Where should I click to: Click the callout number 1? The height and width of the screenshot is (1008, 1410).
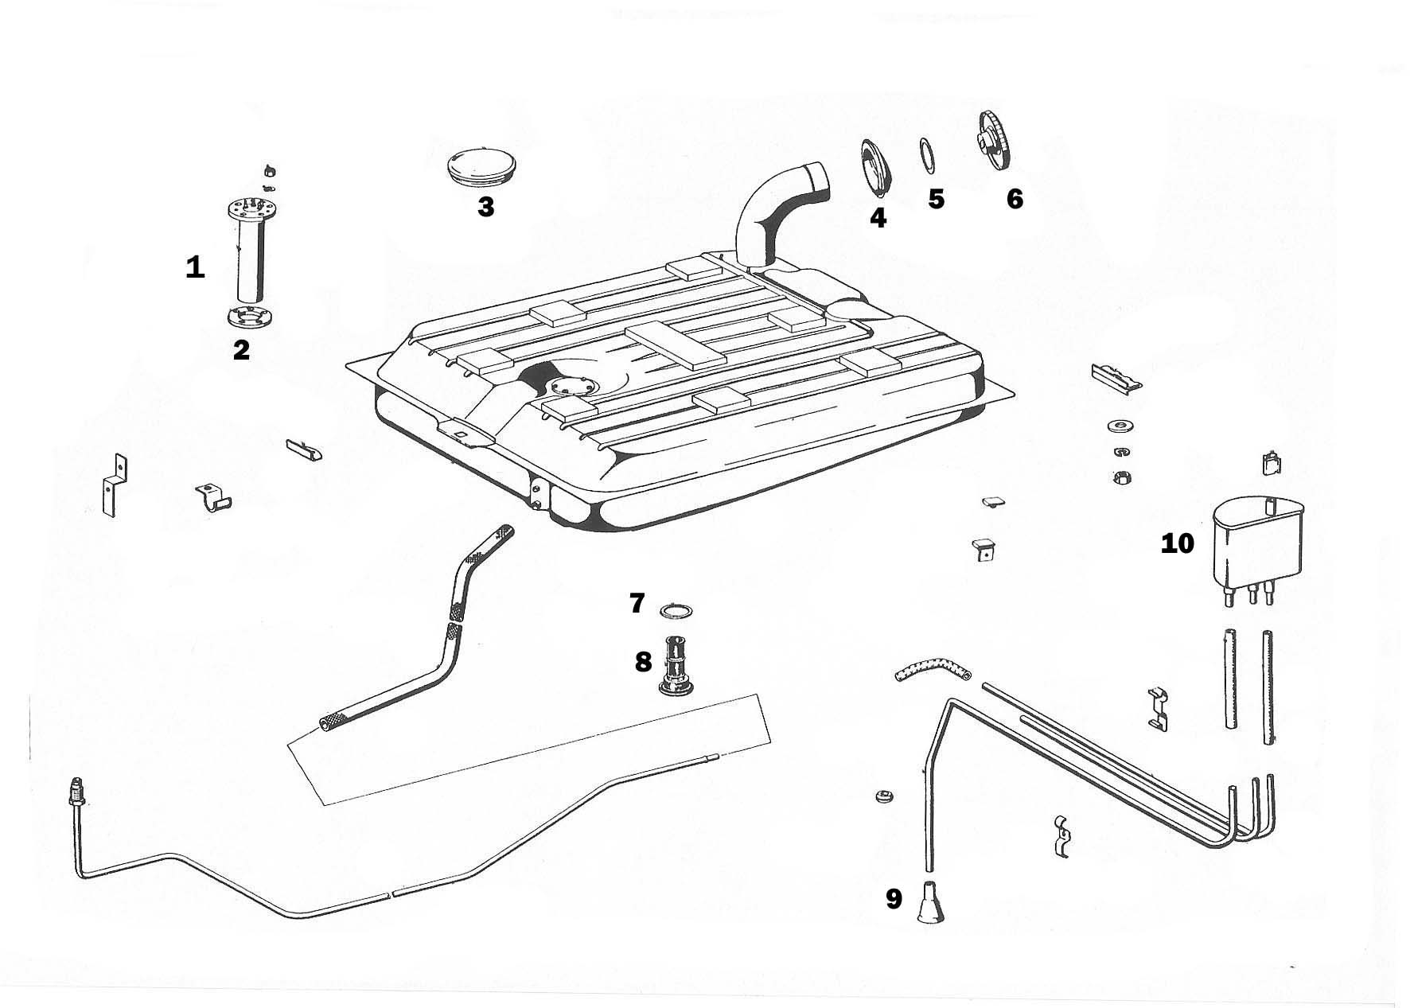(195, 267)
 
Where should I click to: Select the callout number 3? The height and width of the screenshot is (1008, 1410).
(485, 207)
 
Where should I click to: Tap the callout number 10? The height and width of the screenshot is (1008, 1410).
(1178, 544)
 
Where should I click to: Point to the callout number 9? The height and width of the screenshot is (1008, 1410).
(894, 899)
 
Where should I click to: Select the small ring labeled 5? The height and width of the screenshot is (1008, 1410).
(927, 155)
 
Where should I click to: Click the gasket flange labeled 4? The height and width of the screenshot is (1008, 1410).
(875, 167)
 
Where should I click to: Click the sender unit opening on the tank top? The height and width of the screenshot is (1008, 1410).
(571, 386)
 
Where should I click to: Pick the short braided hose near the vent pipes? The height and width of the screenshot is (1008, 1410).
(931, 670)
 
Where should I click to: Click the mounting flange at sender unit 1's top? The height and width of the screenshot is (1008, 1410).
(251, 211)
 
